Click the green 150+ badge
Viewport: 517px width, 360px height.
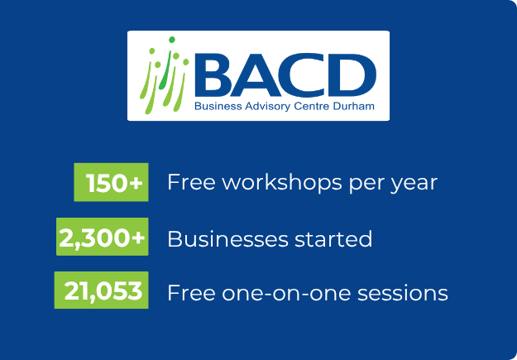[112, 183]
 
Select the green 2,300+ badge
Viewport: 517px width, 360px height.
[102, 239]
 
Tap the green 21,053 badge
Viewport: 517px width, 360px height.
[102, 290]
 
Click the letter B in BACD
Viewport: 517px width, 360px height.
[217, 76]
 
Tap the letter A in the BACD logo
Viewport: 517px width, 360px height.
[263, 76]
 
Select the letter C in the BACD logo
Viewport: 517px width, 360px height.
[309, 76]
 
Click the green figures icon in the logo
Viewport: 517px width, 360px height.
[163, 76]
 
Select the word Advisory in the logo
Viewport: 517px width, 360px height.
[256, 107]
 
